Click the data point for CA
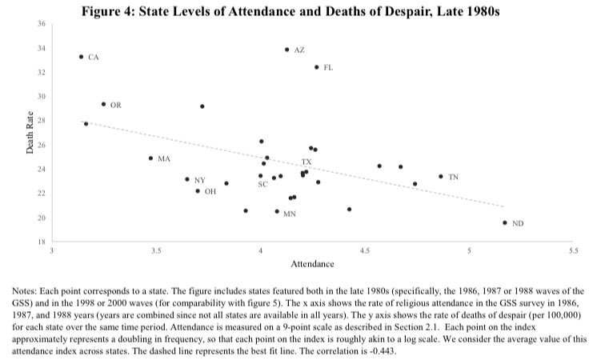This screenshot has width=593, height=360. click(x=82, y=57)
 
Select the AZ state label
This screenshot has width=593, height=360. click(x=300, y=50)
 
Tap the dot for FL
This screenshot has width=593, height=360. click(x=317, y=67)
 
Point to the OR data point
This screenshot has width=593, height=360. click(x=103, y=104)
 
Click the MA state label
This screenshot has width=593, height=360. click(x=164, y=158)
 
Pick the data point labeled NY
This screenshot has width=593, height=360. click(x=187, y=179)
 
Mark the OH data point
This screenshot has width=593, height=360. click(x=198, y=191)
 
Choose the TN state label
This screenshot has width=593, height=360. click(x=453, y=176)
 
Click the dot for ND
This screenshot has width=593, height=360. click(x=505, y=222)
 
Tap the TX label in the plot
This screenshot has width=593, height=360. click(x=306, y=162)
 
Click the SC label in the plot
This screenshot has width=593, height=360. click(x=262, y=185)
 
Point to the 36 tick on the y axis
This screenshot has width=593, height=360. click(x=41, y=24)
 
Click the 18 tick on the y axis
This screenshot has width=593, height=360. click(x=41, y=242)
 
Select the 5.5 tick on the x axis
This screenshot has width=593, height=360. click(x=573, y=252)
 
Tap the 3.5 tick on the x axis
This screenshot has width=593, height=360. click(x=156, y=252)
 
